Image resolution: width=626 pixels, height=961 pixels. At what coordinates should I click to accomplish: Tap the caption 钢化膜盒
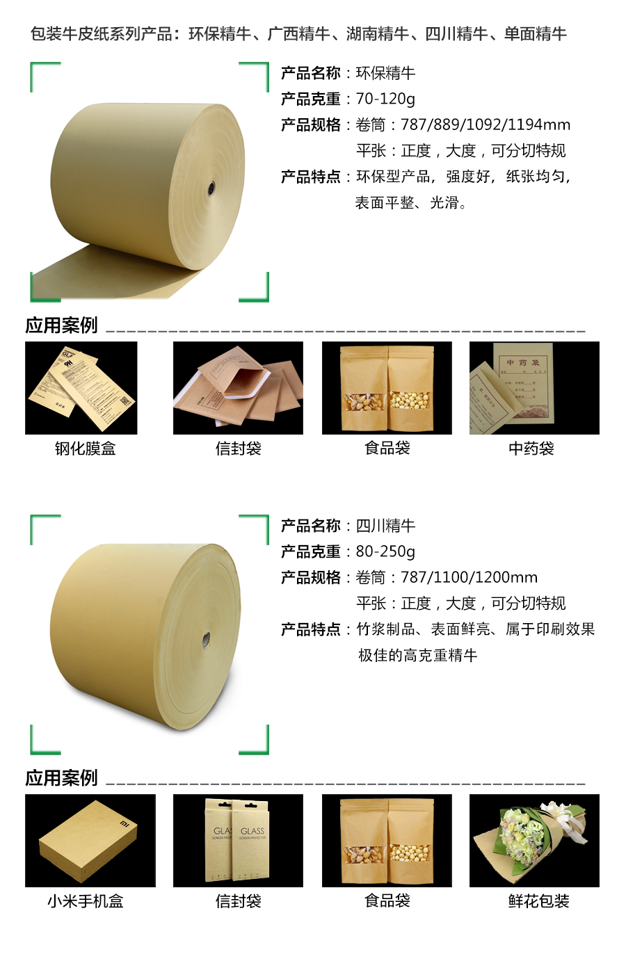pos(86,449)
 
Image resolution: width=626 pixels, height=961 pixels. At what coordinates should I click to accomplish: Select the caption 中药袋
pos(531,449)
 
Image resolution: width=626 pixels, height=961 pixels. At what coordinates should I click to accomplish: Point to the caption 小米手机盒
pos(86,901)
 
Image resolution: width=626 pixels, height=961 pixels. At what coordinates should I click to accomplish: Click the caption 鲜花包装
pos(539,901)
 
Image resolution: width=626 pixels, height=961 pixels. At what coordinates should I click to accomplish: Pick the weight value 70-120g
pos(385,99)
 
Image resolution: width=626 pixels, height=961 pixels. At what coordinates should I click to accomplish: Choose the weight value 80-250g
pos(385,551)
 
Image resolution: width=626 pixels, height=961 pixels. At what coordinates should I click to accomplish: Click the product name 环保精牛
pos(385,73)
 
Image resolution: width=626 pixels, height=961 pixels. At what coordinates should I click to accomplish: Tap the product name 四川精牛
pos(385,526)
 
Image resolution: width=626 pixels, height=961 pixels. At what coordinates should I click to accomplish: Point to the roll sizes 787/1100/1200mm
pos(469,577)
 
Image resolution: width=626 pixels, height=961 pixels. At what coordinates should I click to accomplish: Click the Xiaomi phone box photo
pos(90,840)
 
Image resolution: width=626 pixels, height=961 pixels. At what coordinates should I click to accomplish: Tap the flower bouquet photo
pos(534,840)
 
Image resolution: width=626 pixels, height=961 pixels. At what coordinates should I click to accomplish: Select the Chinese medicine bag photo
pos(534,387)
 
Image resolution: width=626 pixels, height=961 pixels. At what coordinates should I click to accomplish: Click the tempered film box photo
pos(81,387)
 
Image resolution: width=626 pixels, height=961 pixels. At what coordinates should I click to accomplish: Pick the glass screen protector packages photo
pos(238,840)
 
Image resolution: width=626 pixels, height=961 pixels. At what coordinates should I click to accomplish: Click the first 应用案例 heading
pos(61,325)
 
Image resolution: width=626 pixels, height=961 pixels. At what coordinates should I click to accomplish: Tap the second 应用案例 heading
pos(61,778)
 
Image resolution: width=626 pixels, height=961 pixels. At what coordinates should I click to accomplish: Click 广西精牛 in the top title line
pos(298,33)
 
